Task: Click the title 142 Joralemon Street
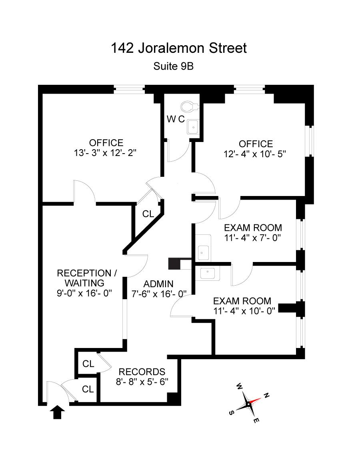coord(179,48)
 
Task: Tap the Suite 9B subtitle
coord(173,66)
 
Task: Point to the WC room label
coord(175,119)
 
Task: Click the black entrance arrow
coord(58,412)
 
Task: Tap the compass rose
coord(248,404)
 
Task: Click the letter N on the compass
coord(266,396)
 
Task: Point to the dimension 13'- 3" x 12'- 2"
coord(106,153)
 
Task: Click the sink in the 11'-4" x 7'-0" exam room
coord(204,252)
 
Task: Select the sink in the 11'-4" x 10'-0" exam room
coord(208,273)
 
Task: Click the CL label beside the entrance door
coord(88,389)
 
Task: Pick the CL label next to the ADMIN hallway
coord(148,214)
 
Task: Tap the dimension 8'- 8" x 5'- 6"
coord(142,382)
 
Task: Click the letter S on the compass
coord(231,413)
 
